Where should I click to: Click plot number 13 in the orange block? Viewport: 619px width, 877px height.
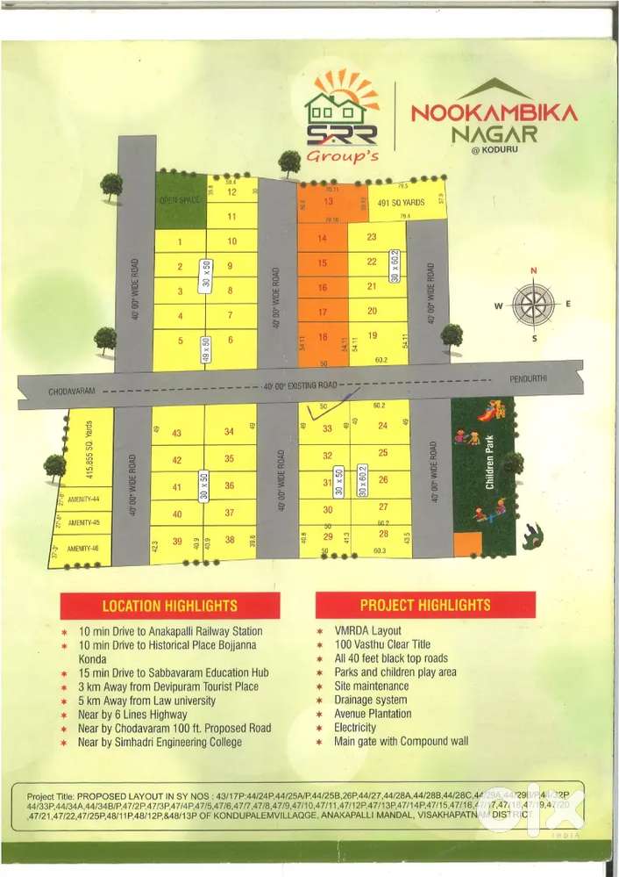pos(322,200)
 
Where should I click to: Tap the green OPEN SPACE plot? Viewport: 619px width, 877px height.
pos(180,199)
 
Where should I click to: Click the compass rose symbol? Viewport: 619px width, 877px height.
pos(533,305)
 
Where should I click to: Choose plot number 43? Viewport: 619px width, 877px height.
pos(177,433)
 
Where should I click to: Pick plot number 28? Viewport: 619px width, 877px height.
pos(382,533)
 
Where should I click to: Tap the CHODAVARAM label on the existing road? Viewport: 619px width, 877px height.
pos(72,390)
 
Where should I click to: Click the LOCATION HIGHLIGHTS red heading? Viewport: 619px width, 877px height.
pos(169,606)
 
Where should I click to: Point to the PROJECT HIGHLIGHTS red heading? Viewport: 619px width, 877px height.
pos(425,606)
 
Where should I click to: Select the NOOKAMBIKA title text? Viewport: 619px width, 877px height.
pos(494,112)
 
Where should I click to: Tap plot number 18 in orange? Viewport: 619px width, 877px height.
pos(322,336)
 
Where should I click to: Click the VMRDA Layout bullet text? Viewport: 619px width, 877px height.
pos(367,630)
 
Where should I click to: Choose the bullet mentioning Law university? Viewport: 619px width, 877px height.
pos(146,701)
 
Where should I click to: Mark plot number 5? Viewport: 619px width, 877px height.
pos(180,341)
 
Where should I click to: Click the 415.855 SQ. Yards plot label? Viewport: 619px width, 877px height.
pos(87,446)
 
